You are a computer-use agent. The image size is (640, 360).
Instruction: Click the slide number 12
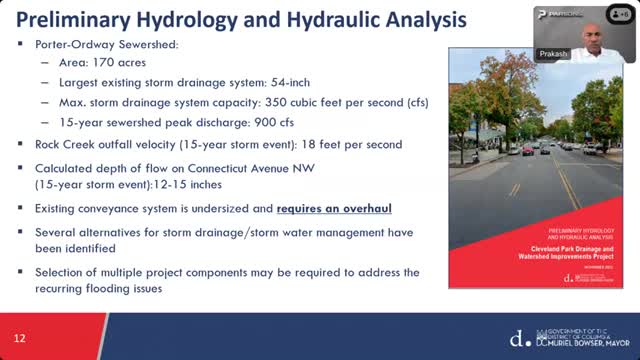point(19,338)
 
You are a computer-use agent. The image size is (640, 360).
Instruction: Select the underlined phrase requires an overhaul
point(334,208)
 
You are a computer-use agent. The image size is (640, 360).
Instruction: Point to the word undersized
point(213,208)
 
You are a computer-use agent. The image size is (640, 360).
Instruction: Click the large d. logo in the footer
point(515,338)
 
